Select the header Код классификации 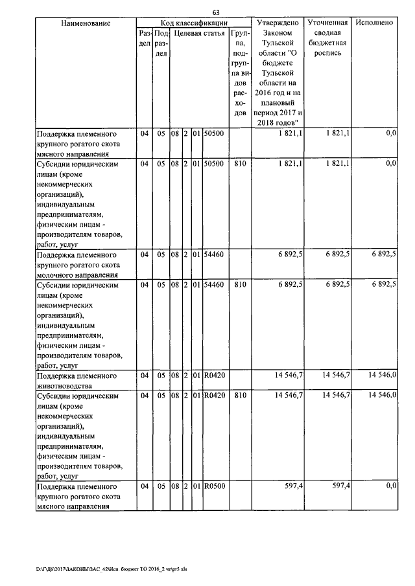[x=193, y=23]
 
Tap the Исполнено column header [x=374, y=23]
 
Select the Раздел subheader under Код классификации [x=144, y=38]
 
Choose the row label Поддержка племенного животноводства [x=77, y=380]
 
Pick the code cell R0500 [x=213, y=485]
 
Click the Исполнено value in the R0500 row [x=390, y=485]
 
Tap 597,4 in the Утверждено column [x=290, y=485]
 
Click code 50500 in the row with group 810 [x=213, y=164]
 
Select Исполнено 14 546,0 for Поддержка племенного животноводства [x=382, y=375]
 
